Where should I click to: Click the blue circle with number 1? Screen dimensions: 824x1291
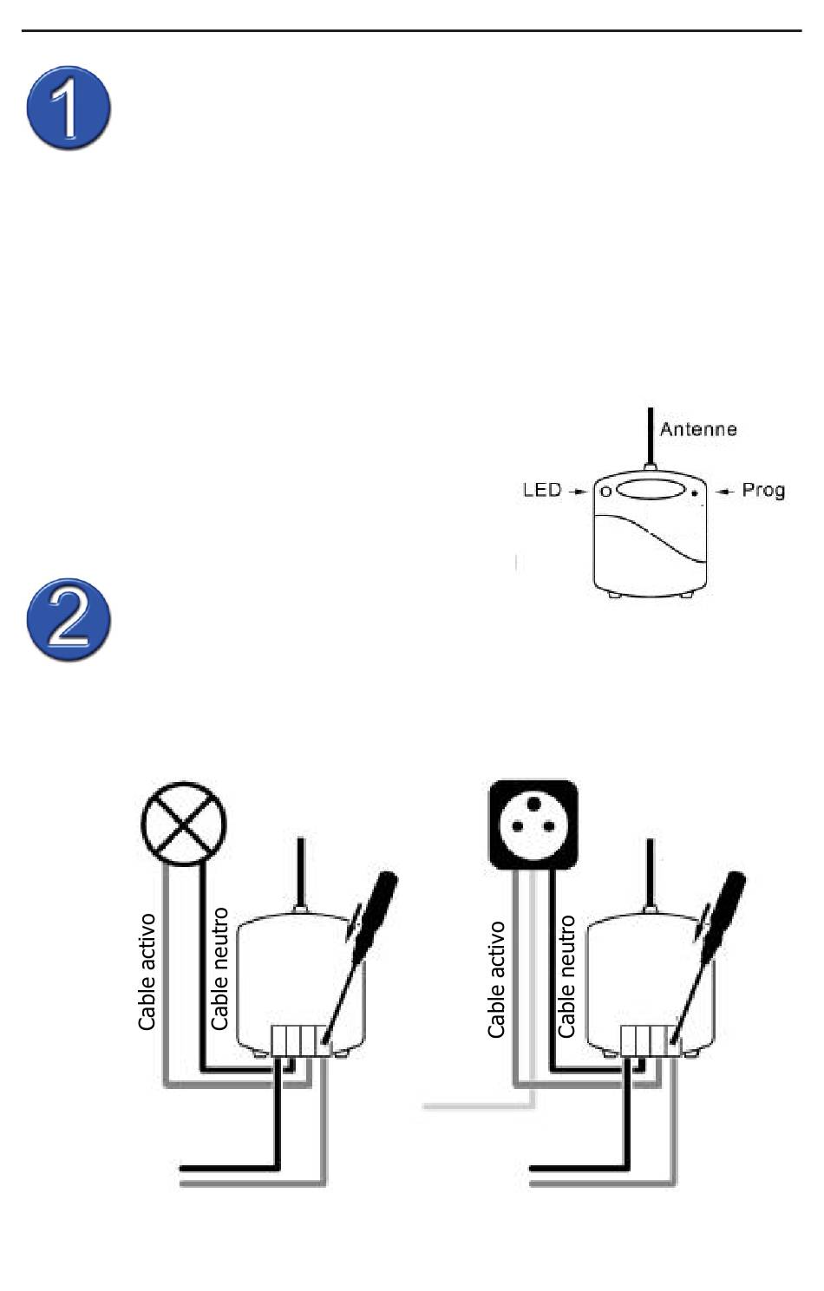[x=69, y=108]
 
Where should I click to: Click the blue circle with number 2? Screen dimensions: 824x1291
[x=69, y=620]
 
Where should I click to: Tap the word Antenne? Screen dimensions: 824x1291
[x=698, y=429]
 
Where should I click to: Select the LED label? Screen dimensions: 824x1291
[x=542, y=490]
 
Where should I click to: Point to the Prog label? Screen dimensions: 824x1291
[x=763, y=491]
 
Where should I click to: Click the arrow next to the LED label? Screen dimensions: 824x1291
[x=577, y=492]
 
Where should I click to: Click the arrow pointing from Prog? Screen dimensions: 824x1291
[x=724, y=492]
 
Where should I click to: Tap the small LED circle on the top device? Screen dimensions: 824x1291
[x=605, y=492]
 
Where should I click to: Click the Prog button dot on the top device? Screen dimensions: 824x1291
[x=695, y=493]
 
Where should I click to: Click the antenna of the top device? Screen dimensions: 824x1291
[x=651, y=437]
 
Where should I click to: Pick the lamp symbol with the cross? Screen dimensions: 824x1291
[x=183, y=825]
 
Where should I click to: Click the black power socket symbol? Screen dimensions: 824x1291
[x=533, y=825]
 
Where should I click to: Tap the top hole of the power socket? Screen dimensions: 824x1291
[x=534, y=804]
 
